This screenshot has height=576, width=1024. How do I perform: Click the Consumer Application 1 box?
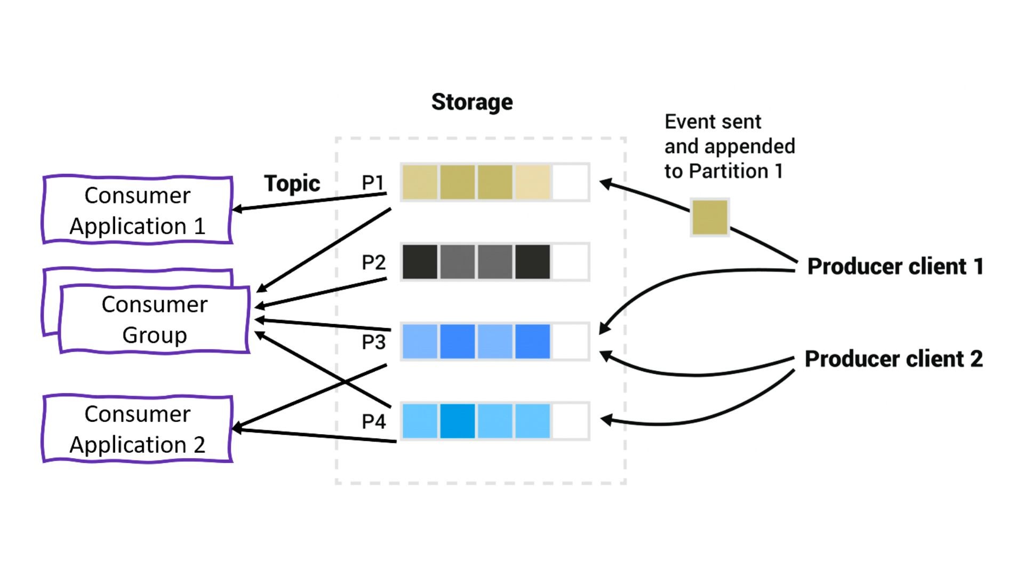[138, 210]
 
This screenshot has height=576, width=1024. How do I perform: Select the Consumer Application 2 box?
[138, 429]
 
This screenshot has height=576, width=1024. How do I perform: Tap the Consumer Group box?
[155, 319]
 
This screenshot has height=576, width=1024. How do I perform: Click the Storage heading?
[472, 102]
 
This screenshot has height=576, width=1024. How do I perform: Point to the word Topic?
[292, 183]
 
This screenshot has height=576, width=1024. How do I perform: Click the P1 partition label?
[373, 183]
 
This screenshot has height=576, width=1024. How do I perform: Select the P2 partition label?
[373, 262]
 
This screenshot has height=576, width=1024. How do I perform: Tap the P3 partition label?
[373, 342]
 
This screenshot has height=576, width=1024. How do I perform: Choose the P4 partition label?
[373, 421]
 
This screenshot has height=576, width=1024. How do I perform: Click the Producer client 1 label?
[895, 266]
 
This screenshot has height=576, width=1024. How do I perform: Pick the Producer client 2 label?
[893, 359]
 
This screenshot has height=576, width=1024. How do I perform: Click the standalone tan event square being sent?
[709, 217]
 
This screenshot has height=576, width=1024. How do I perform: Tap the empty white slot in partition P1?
[570, 182]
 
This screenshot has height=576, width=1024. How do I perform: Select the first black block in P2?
[420, 262]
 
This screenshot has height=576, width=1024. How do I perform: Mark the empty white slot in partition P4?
[570, 421]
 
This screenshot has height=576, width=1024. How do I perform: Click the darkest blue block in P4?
[457, 421]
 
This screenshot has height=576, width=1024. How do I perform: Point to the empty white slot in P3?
[570, 341]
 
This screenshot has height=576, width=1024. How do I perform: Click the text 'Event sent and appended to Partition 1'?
[729, 147]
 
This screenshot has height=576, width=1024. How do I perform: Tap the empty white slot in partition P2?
[570, 262]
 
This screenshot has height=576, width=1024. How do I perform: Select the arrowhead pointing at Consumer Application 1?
[237, 209]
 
